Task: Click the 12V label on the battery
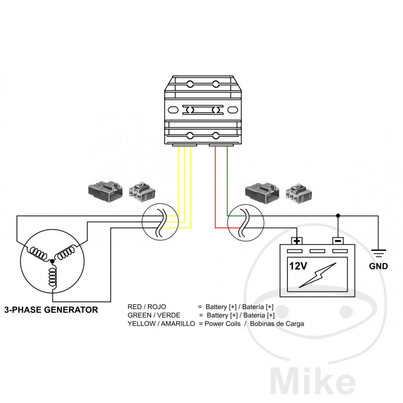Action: (298, 266)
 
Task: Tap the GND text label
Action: (378, 266)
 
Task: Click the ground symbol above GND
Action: (378, 253)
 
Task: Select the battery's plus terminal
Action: (297, 241)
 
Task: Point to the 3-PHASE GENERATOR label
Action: (51, 310)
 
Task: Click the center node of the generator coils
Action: (52, 262)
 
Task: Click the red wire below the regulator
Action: (215, 181)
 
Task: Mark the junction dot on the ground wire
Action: (338, 216)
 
